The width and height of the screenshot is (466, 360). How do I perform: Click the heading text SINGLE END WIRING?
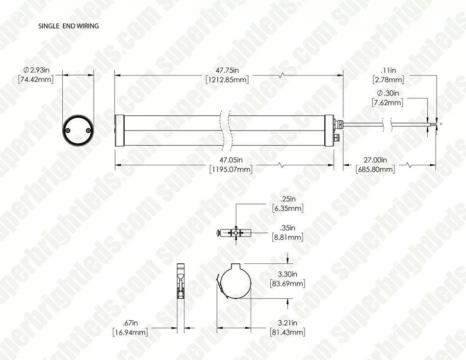point(68,26)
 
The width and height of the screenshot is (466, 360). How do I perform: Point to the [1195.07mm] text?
point(231,170)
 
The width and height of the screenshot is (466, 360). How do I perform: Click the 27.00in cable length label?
point(375,160)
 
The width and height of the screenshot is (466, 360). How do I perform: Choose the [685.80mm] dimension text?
point(375,170)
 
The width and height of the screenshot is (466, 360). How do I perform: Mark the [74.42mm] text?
point(36,79)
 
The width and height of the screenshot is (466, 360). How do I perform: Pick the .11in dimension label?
point(388,70)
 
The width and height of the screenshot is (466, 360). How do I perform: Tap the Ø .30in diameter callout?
point(388,93)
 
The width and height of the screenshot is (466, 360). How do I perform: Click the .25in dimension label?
point(287,199)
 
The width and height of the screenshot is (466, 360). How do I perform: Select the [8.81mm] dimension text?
point(287,237)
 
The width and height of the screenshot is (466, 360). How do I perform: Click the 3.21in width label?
point(287,323)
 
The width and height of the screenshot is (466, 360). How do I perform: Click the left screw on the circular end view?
point(68,130)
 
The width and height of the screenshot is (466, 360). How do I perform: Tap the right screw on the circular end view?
point(87,130)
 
